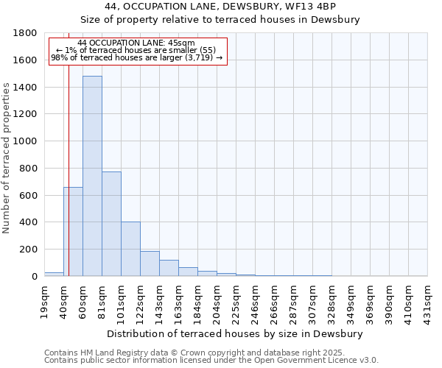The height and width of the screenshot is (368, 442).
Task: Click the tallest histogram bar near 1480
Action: pyautogui.click(x=92, y=177)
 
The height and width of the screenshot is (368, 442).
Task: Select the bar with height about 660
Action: pyautogui.click(x=73, y=232)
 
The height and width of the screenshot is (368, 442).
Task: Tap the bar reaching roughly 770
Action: pyautogui.click(x=111, y=224)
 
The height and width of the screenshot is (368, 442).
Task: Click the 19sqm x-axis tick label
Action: pyautogui.click(x=44, y=300)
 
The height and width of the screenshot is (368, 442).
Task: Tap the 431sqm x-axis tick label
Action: pyautogui.click(x=427, y=300)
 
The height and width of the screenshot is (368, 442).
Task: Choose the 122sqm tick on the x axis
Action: pyautogui.click(x=140, y=300)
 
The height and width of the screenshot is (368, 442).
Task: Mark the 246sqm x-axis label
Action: pyautogui.click(x=255, y=300)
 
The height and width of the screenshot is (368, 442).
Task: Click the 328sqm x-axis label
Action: pyautogui.click(x=331, y=300)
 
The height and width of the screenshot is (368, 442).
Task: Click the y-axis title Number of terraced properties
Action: pyautogui.click(x=7, y=158)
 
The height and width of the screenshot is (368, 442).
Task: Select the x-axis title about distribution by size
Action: pyautogui.click(x=235, y=334)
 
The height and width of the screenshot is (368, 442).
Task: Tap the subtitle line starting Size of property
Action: pyautogui.click(x=220, y=20)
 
